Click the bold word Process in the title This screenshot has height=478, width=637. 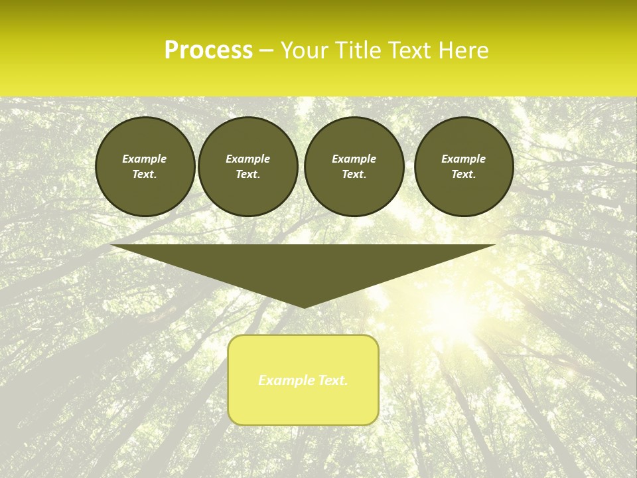tap(208, 50)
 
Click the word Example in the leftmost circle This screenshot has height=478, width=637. tap(145, 159)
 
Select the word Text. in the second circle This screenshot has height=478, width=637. tap(248, 174)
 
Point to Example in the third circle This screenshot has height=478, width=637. tap(354, 159)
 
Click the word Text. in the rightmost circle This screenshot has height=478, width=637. tap(464, 174)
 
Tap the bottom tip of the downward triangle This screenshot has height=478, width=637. tap(304, 307)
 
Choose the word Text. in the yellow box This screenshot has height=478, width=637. tap(332, 380)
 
